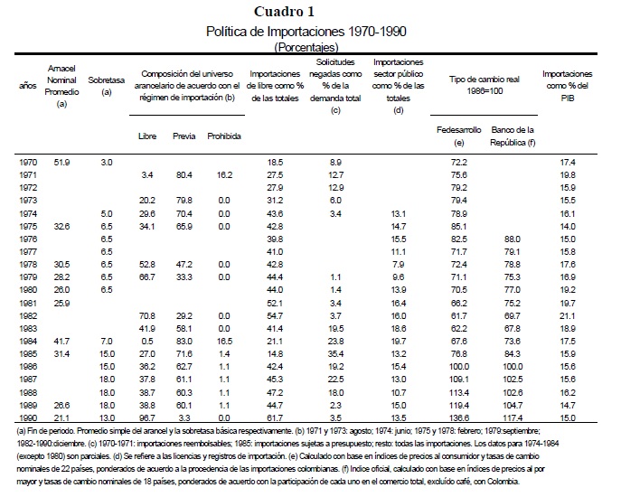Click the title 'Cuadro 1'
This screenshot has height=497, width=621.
309,12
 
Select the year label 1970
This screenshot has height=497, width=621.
28,160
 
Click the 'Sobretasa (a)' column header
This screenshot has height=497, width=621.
107,86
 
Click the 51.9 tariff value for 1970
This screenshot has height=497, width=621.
63,160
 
